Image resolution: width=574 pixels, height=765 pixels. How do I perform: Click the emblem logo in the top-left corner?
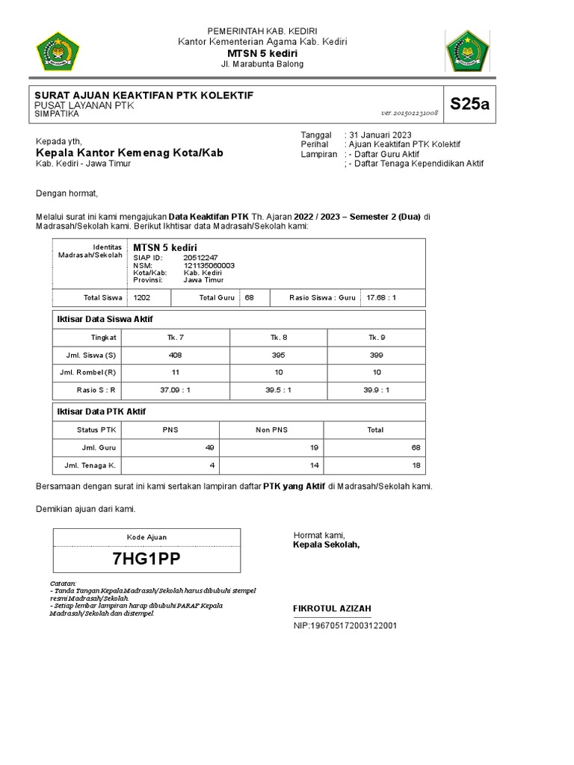(x=58, y=52)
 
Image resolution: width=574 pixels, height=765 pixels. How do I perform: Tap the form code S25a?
(x=469, y=104)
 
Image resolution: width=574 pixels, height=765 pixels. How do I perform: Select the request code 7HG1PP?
(x=146, y=560)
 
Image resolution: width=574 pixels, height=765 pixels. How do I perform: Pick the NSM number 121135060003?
(x=209, y=265)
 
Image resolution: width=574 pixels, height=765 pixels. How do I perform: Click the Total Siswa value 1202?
(x=141, y=297)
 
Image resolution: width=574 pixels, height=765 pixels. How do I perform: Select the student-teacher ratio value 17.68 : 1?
(x=381, y=297)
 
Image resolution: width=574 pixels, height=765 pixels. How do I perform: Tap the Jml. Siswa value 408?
(x=175, y=355)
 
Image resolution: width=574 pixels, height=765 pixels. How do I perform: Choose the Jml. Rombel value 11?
(x=175, y=372)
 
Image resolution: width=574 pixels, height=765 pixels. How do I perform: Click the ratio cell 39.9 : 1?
(x=376, y=389)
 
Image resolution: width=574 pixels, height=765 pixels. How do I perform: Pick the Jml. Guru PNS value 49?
(x=210, y=447)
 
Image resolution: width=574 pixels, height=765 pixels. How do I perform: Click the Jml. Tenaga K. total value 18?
(x=416, y=465)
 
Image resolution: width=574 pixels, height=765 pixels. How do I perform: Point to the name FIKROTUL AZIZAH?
(x=332, y=608)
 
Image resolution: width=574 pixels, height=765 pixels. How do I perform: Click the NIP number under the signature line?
(x=345, y=625)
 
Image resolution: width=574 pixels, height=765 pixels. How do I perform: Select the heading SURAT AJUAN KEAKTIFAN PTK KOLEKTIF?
(x=144, y=96)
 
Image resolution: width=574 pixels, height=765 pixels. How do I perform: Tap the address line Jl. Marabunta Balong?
(x=262, y=65)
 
